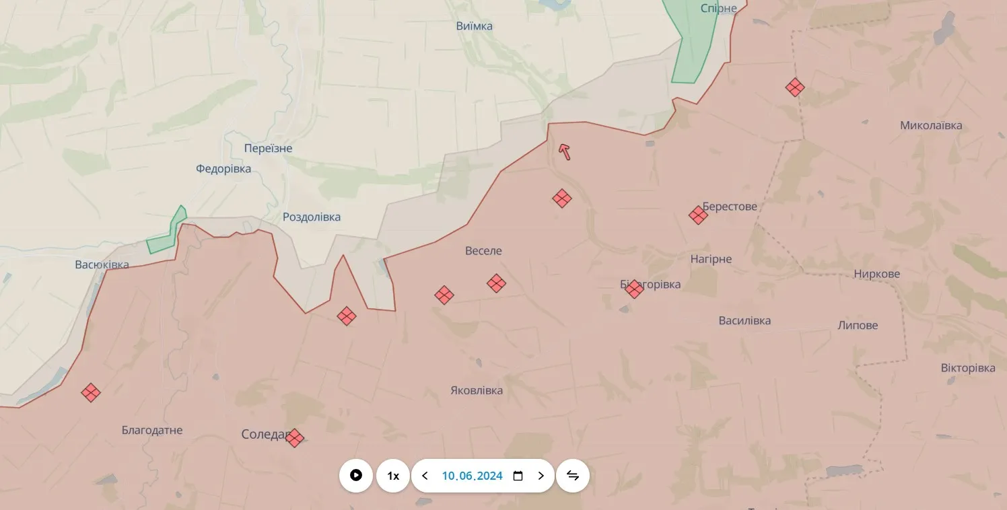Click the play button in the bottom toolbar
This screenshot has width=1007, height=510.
tap(356, 476)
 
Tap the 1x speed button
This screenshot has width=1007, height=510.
tap(393, 476)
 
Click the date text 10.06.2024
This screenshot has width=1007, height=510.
tap(472, 476)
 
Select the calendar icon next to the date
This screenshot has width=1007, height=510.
tap(518, 476)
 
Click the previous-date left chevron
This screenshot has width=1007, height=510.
tap(425, 476)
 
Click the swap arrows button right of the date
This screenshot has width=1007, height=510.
tap(573, 476)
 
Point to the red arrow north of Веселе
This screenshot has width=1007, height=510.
tap(565, 152)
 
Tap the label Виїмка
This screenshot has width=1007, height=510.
tap(474, 26)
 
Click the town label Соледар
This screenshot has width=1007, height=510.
tap(263, 435)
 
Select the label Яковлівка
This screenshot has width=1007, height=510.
tap(477, 390)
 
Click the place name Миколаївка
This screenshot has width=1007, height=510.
tap(931, 125)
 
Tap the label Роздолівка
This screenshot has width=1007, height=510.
tap(312, 217)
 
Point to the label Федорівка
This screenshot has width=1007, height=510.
tap(223, 168)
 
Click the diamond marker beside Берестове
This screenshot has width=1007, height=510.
tap(698, 215)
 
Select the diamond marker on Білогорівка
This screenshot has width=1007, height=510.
tap(633, 289)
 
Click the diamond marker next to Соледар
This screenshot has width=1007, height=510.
tap(294, 438)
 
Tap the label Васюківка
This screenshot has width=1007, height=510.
tap(102, 264)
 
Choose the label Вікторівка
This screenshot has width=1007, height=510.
tap(968, 368)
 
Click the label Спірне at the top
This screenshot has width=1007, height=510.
tap(719, 8)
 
